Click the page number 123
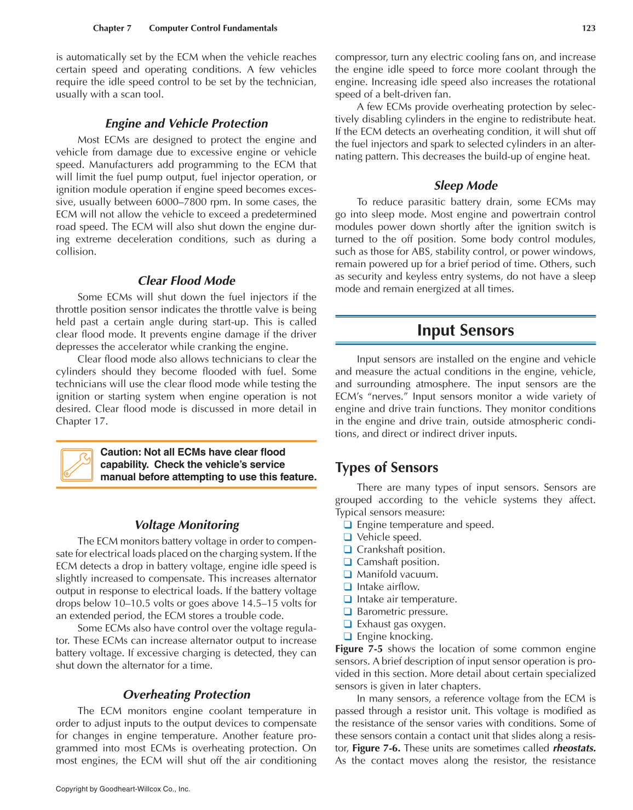(x=589, y=28)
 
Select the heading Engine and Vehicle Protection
(x=187, y=123)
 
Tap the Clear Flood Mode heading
(x=187, y=280)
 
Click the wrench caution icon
(x=77, y=465)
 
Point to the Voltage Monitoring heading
(x=187, y=525)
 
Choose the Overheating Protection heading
(x=187, y=694)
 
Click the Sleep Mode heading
(x=465, y=186)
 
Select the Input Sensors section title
(x=465, y=330)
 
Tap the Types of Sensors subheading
(x=387, y=468)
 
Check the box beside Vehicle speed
(x=347, y=537)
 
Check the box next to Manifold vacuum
(x=347, y=575)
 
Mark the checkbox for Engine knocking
(x=347, y=636)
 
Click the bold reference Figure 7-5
(x=359, y=649)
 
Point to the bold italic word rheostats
(x=574, y=748)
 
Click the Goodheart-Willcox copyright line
(x=123, y=789)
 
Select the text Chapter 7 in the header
(x=112, y=28)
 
